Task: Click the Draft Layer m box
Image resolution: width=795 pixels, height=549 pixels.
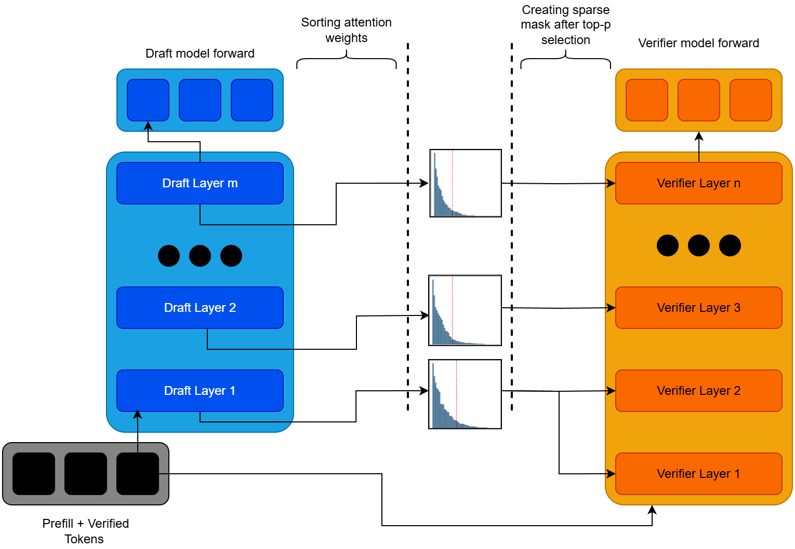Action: (200, 183)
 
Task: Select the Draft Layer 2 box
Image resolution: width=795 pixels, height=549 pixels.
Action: (200, 308)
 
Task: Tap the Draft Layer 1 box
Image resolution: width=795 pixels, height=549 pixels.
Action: (200, 391)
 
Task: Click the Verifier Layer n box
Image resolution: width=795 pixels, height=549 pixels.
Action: (698, 183)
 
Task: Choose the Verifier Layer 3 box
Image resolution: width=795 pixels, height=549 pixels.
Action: (698, 308)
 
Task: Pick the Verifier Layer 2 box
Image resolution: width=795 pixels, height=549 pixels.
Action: (698, 391)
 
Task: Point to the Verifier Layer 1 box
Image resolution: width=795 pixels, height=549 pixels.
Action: (698, 474)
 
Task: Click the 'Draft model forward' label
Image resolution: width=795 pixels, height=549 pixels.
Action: (200, 53)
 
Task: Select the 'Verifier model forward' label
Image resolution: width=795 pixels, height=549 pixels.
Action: (698, 43)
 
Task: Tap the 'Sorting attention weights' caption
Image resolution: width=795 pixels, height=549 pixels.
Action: (347, 30)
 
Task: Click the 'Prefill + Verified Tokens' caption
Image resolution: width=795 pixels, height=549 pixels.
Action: (85, 531)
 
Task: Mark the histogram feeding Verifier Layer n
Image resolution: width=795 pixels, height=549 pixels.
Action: (466, 183)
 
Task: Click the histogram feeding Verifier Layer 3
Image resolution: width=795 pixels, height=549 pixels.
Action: (465, 310)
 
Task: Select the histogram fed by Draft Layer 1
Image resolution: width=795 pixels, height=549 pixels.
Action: (465, 394)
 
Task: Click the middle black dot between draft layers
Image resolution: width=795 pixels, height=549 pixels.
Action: (200, 256)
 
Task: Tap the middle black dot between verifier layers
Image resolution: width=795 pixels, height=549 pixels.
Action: (698, 245)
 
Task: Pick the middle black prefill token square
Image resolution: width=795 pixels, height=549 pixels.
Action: (86, 474)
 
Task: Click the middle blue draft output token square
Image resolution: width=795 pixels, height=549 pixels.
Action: (200, 100)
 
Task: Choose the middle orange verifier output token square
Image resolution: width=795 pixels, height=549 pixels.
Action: (698, 100)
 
